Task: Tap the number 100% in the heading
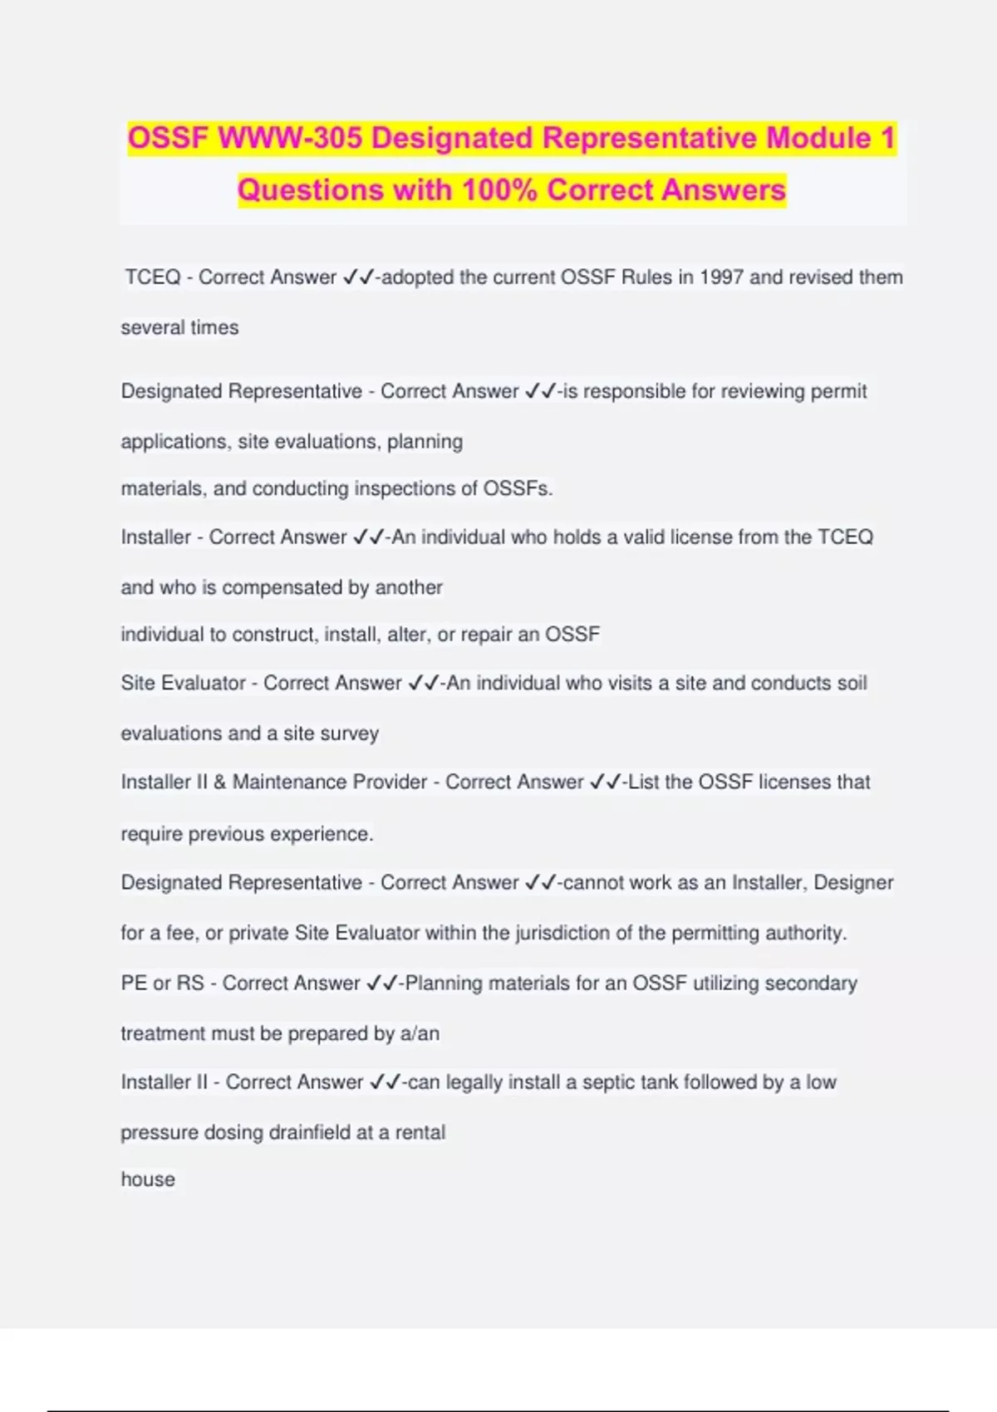click(499, 190)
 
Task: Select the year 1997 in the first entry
click(721, 277)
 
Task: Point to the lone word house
click(148, 1179)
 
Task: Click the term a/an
click(420, 1033)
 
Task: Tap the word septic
click(618, 1082)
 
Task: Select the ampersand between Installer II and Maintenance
click(219, 782)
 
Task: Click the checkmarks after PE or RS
click(382, 983)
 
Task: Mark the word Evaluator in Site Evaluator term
click(204, 683)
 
